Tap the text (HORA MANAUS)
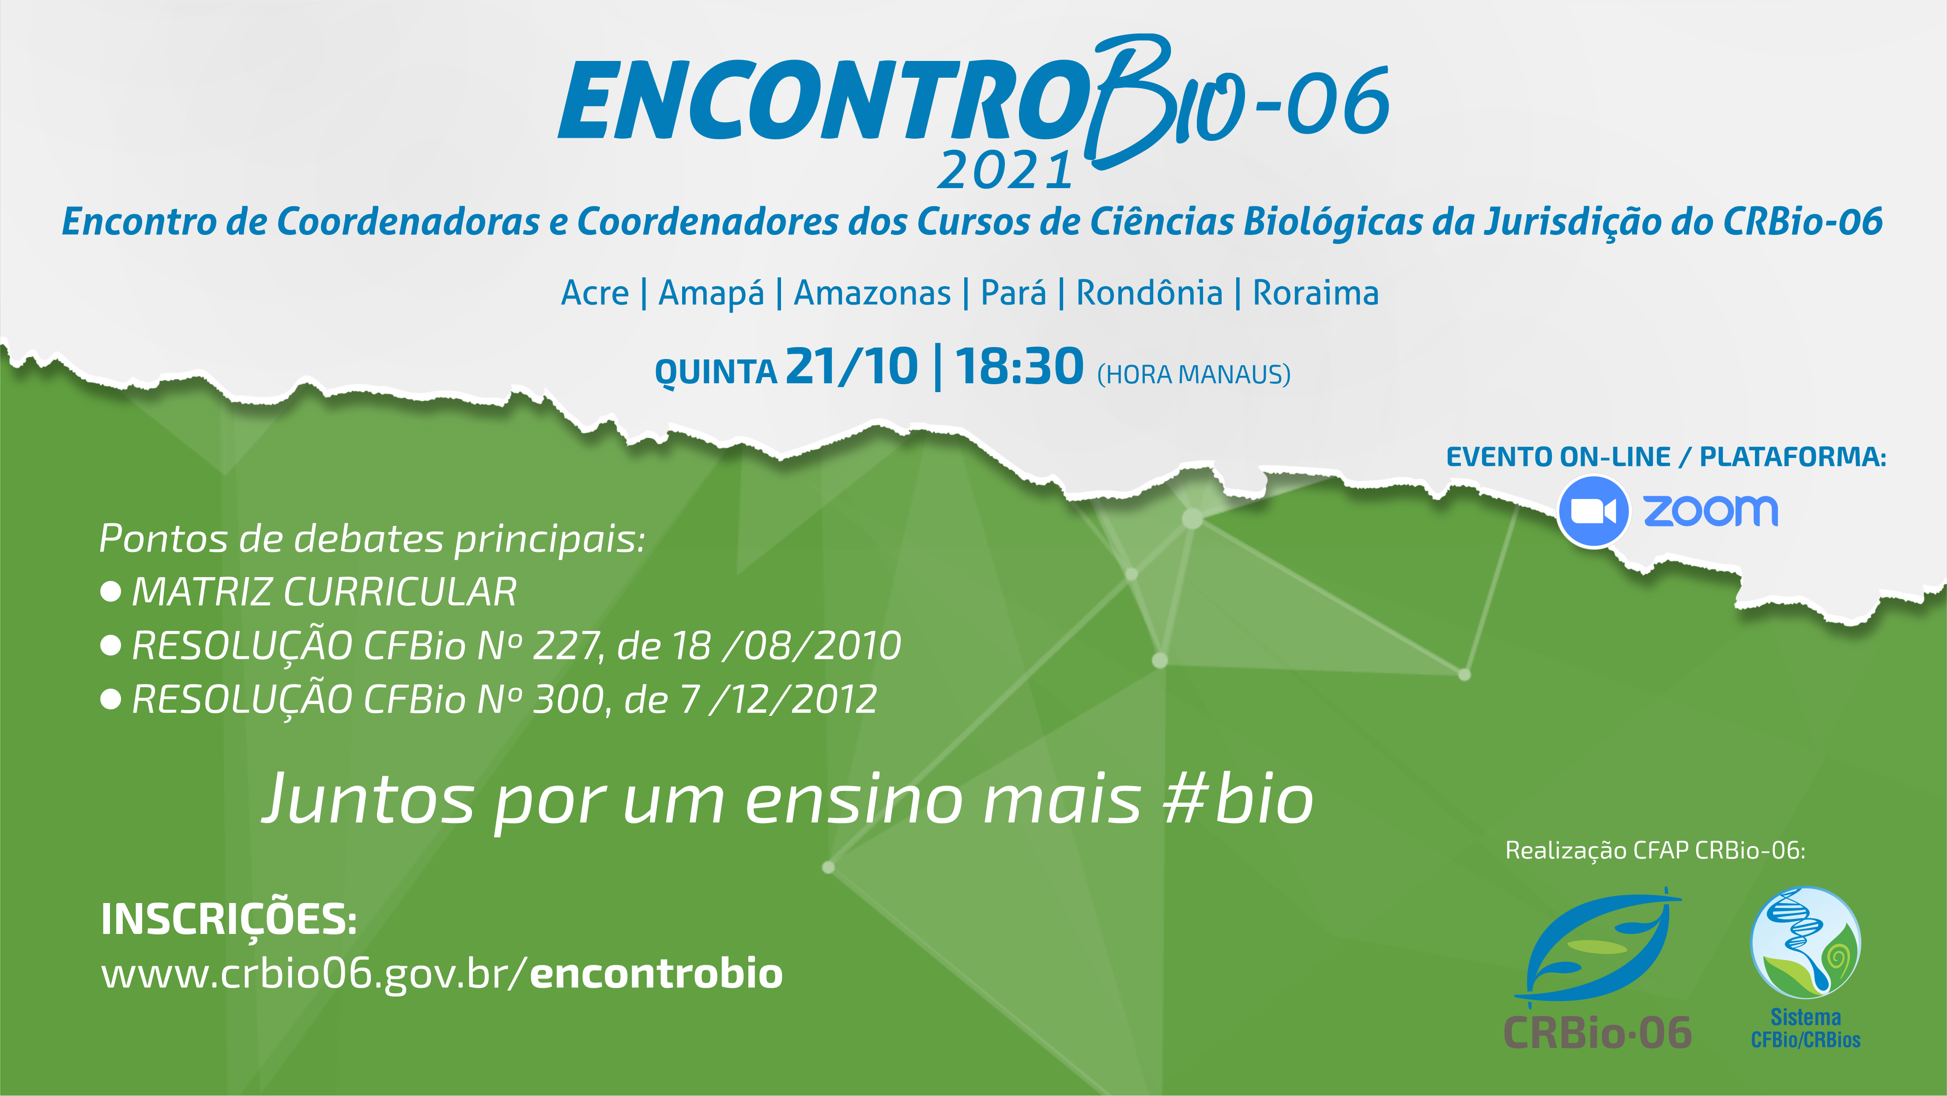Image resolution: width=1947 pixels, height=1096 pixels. click(x=1193, y=374)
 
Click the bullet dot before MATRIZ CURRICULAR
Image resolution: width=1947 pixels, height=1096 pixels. click(x=110, y=592)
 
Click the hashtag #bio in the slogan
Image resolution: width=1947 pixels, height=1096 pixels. click(x=1237, y=800)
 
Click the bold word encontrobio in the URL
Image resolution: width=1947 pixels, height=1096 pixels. click(x=656, y=974)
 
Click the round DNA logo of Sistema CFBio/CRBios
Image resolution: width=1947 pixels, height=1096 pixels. click(x=1806, y=943)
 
